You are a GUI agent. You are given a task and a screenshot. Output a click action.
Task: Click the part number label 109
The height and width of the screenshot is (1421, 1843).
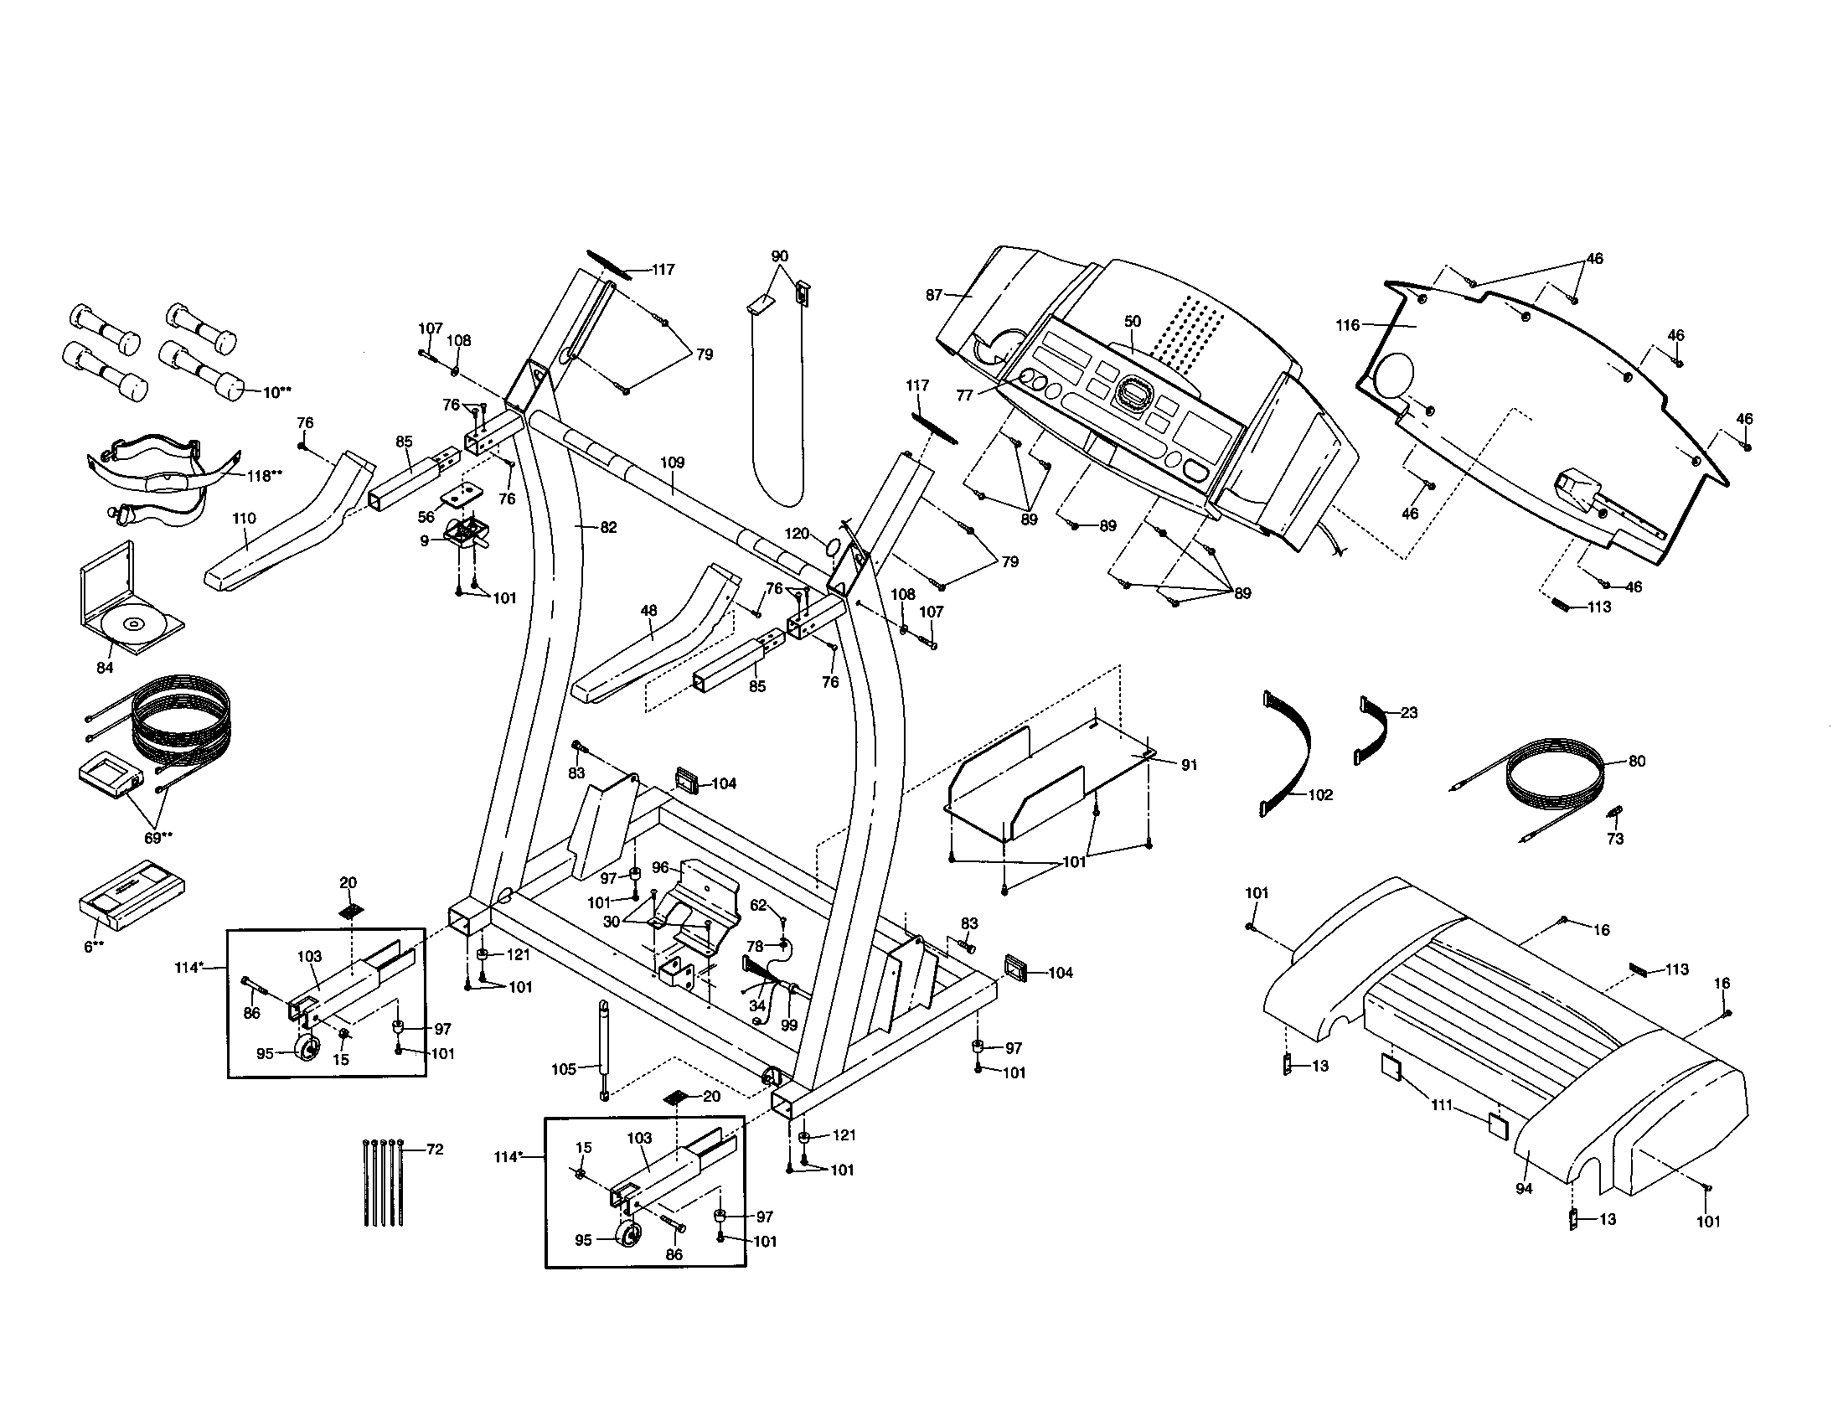click(x=672, y=462)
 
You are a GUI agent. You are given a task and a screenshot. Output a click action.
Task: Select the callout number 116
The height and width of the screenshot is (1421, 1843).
click(x=1348, y=325)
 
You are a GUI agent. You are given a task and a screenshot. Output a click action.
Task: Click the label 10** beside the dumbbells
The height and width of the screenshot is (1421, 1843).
click(x=276, y=392)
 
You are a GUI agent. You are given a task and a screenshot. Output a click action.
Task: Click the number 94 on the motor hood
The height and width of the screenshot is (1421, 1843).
click(x=1524, y=1188)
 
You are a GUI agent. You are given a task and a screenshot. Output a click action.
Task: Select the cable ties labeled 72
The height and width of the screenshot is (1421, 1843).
click(x=383, y=1183)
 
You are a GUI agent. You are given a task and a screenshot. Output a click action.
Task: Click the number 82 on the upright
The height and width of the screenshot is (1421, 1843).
click(x=607, y=527)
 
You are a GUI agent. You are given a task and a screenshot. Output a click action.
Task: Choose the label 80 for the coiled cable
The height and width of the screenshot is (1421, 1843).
click(x=1636, y=761)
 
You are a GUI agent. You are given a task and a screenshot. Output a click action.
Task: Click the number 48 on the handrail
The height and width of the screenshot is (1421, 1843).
click(x=648, y=610)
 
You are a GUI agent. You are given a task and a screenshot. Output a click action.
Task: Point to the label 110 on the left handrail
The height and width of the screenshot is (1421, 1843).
click(x=244, y=518)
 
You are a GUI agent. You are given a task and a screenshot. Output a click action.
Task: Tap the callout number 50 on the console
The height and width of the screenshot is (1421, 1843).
click(x=1133, y=322)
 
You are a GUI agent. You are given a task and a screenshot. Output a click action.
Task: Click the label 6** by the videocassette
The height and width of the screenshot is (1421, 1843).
click(x=94, y=947)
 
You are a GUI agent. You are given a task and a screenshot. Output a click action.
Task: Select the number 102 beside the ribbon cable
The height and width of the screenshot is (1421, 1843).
click(x=1319, y=795)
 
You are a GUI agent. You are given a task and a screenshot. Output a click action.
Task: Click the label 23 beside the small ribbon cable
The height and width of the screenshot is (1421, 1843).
click(x=1408, y=712)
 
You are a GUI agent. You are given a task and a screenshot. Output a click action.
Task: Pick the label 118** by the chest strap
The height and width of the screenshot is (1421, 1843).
click(x=263, y=476)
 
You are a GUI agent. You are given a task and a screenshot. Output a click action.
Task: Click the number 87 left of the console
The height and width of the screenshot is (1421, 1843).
click(x=933, y=295)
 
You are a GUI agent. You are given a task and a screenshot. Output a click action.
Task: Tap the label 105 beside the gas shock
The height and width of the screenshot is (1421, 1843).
click(x=563, y=1069)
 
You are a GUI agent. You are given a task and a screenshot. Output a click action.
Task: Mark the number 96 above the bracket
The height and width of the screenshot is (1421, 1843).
click(x=660, y=867)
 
